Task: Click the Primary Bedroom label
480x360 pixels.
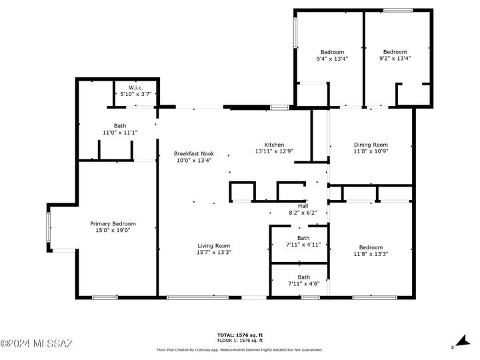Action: click(x=113, y=224)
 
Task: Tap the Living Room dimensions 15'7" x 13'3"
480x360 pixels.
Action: click(x=213, y=253)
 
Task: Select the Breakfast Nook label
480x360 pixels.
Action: click(x=193, y=153)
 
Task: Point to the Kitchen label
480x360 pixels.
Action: click(x=274, y=145)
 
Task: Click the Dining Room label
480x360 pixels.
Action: click(x=371, y=145)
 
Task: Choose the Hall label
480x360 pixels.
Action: click(x=303, y=205)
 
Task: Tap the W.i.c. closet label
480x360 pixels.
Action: click(x=136, y=87)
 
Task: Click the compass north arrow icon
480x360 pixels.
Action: click(x=456, y=342)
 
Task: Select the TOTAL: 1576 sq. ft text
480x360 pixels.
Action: click(x=239, y=335)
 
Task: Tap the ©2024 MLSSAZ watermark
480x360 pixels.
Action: click(x=37, y=344)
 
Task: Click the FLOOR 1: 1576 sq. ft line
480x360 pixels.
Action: click(x=239, y=341)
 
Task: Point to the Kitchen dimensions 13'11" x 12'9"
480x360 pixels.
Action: click(x=274, y=151)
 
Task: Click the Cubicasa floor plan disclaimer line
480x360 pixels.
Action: click(x=239, y=349)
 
